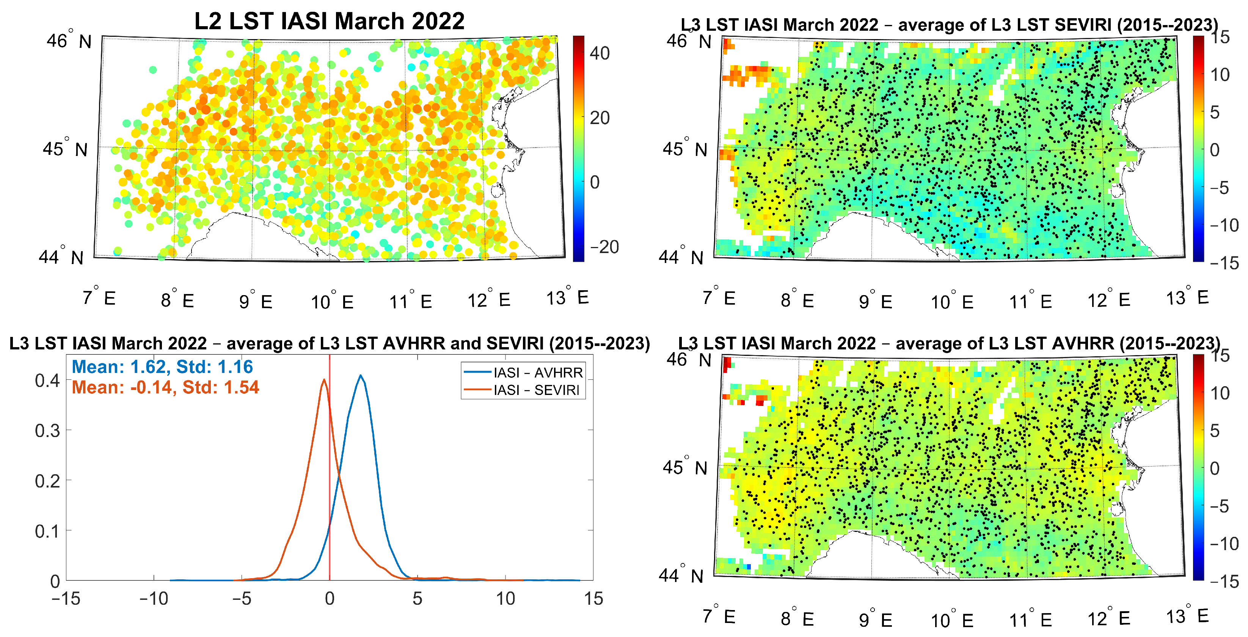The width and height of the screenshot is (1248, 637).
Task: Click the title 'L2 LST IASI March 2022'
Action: click(x=330, y=21)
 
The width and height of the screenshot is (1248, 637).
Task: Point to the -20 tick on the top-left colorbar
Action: click(x=604, y=247)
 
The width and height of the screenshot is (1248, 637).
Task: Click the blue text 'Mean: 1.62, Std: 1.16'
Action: click(x=162, y=367)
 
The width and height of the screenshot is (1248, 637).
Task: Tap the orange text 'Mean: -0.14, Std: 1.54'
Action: click(x=165, y=387)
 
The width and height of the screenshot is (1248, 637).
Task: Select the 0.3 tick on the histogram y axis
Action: click(x=47, y=431)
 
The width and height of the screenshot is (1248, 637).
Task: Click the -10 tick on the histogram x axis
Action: click(x=154, y=599)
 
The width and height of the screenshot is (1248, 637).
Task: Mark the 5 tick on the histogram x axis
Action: click(x=417, y=599)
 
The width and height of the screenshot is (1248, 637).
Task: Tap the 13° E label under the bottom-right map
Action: click(x=1187, y=617)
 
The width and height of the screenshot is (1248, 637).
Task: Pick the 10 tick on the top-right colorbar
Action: click(x=1220, y=75)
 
